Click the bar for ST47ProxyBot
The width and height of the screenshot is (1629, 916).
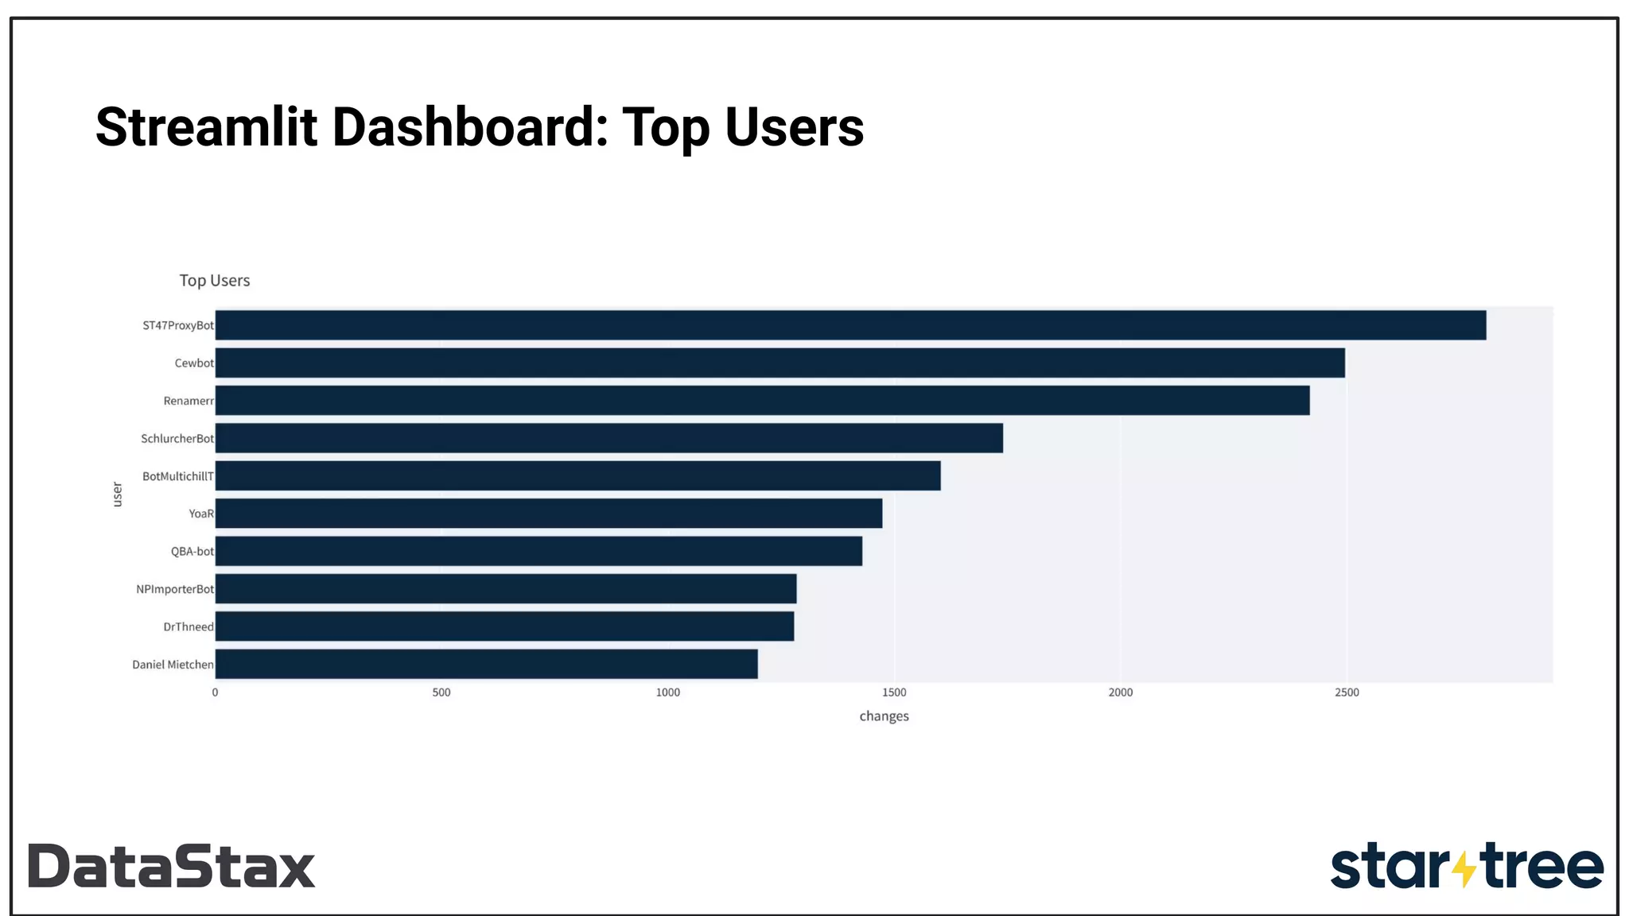tap(849, 325)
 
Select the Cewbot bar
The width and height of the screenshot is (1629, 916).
tap(780, 363)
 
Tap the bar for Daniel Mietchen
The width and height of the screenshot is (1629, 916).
tap(486, 664)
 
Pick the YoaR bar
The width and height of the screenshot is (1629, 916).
tap(549, 514)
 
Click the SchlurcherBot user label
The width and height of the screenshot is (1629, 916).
tap(177, 439)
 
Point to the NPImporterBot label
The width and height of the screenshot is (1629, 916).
tap(175, 589)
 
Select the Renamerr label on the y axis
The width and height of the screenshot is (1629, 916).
tap(189, 401)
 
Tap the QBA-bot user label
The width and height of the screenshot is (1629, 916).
tap(192, 552)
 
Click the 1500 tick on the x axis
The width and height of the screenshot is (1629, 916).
tap(894, 693)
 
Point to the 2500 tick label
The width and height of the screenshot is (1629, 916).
tap(1347, 693)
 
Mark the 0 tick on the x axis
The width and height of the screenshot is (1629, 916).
tap(215, 693)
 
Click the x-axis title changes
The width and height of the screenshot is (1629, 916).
tap(884, 716)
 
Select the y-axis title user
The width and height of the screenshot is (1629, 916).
tap(118, 494)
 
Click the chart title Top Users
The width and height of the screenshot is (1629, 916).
tap(215, 281)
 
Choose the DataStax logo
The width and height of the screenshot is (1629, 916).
tap(172, 866)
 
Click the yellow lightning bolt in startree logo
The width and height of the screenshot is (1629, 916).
tap(1464, 867)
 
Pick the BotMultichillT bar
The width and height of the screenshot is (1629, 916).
tap(577, 476)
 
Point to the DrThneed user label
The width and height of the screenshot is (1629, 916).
tap(189, 627)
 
